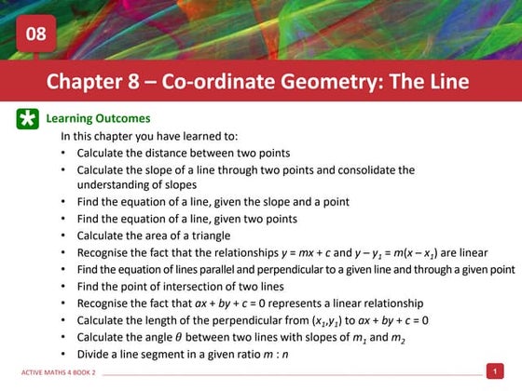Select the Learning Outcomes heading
(98, 119)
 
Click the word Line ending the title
(446, 81)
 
